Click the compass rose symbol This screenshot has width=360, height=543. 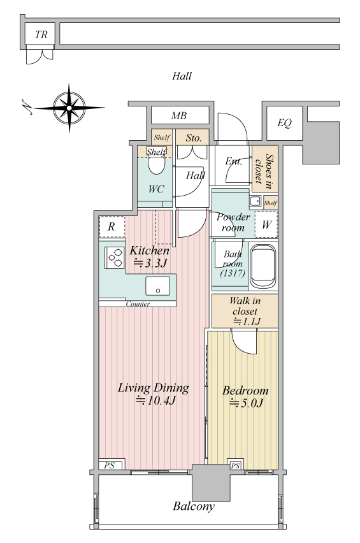69,108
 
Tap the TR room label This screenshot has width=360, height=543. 41,34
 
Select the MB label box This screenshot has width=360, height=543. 180,115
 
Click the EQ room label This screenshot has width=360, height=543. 284,123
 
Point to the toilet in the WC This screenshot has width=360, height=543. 157,163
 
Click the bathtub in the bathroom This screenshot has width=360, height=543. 263,266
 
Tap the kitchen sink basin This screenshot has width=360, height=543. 158,286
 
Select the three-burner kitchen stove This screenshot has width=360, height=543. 115,258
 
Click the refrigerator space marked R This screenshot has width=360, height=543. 112,227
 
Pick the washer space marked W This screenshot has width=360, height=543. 266,225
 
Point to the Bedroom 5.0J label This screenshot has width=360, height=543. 245,396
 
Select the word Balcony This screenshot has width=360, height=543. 194,506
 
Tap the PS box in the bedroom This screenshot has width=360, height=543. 235,465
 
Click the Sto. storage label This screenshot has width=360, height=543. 194,138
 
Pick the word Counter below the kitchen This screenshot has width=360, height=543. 138,304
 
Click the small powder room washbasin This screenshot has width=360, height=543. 256,201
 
